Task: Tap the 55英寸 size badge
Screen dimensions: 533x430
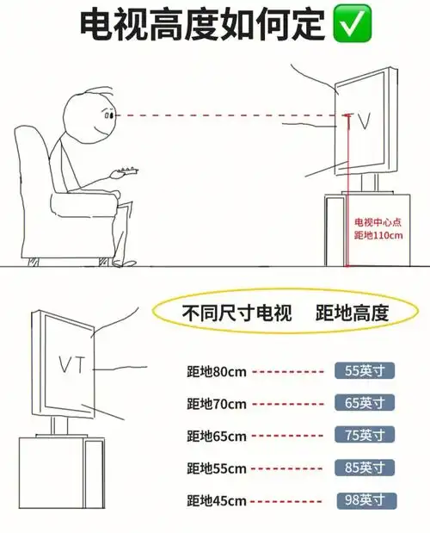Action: click(x=365, y=371)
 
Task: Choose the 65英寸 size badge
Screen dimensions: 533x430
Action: click(x=365, y=403)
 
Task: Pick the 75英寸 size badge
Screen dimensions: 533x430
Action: click(x=365, y=435)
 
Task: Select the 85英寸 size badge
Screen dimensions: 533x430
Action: click(x=365, y=468)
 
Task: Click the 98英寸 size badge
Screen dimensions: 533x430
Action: click(x=365, y=500)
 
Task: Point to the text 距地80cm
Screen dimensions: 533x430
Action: click(x=217, y=372)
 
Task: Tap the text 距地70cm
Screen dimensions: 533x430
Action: click(x=217, y=404)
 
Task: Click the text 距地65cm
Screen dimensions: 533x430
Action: click(x=217, y=436)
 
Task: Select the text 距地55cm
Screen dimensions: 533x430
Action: click(x=217, y=468)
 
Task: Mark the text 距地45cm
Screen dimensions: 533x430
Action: click(x=217, y=500)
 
